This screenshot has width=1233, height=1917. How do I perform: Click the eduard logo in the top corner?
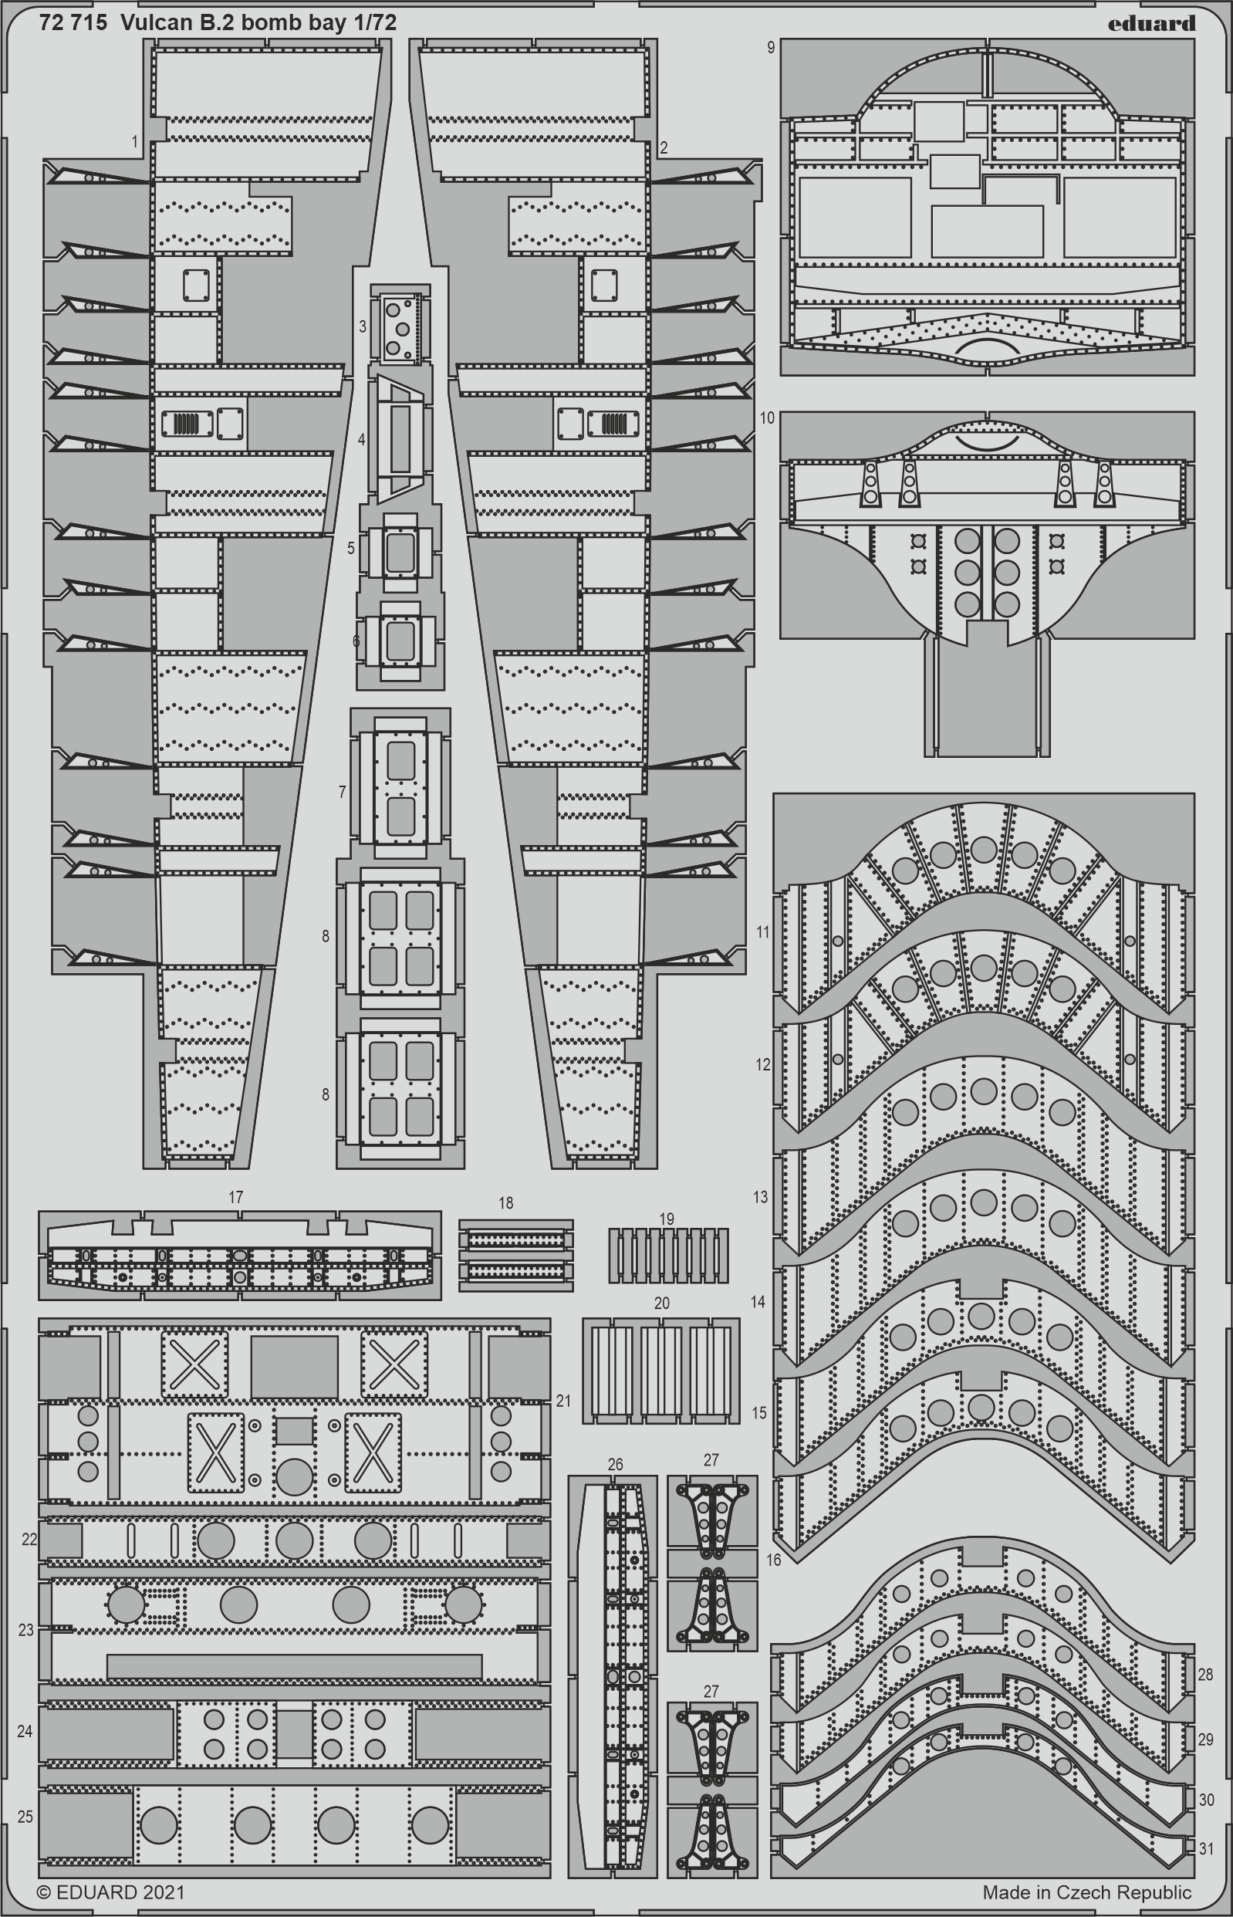(x=1151, y=23)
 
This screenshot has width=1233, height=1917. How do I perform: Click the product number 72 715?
(x=72, y=23)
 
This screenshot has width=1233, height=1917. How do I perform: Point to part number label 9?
(x=770, y=48)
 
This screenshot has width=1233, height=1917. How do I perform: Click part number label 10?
(x=767, y=418)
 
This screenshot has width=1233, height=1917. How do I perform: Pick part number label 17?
(x=235, y=1197)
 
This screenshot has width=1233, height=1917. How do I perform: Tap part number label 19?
(x=667, y=1219)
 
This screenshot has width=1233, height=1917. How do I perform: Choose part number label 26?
(x=615, y=1465)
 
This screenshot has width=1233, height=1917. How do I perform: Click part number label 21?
(x=564, y=1401)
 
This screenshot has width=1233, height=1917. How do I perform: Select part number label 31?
(x=1207, y=1848)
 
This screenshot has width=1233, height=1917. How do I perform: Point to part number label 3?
(x=363, y=326)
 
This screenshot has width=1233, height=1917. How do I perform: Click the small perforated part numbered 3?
(x=399, y=326)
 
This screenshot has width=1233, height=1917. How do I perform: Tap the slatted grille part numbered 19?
(x=668, y=1256)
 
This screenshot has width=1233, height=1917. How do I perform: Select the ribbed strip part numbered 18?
(x=516, y=1255)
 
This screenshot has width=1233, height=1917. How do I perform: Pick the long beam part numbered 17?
(x=239, y=1256)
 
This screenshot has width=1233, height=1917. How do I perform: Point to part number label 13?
(x=761, y=1197)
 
